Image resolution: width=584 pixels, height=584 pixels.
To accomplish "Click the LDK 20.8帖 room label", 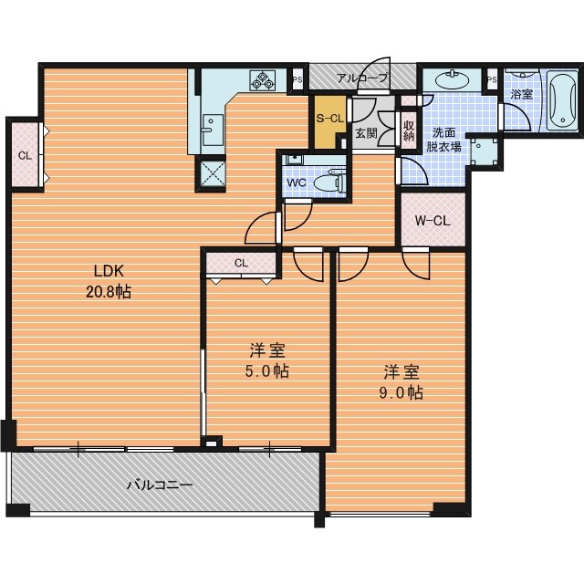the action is [x=109, y=282].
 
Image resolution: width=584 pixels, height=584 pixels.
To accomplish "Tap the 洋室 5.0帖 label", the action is [x=267, y=360].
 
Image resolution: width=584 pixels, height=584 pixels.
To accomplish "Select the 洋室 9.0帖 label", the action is [x=401, y=382].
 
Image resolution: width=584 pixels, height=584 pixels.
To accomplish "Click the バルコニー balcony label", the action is [x=161, y=485].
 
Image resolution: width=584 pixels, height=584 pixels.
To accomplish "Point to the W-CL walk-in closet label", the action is [x=433, y=221].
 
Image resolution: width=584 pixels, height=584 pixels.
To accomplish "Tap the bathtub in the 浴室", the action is [x=562, y=100].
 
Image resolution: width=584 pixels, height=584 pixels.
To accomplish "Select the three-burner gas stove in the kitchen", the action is [x=263, y=80].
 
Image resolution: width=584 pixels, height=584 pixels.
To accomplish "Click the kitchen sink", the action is [x=213, y=130].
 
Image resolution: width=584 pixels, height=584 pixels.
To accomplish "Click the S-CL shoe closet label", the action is [x=329, y=118].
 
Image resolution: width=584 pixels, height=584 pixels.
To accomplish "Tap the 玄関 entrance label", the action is [x=367, y=133].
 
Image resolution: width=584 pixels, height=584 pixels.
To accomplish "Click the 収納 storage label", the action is [x=409, y=130].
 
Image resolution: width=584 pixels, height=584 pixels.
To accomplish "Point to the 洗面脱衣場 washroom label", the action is [x=443, y=140].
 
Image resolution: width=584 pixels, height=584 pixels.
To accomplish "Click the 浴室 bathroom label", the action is [x=521, y=94].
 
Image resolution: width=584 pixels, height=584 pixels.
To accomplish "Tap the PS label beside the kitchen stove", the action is [x=297, y=79].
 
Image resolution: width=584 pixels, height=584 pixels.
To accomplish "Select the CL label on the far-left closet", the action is [x=25, y=155].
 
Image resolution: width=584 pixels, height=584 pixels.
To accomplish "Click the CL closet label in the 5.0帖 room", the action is [x=241, y=263].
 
